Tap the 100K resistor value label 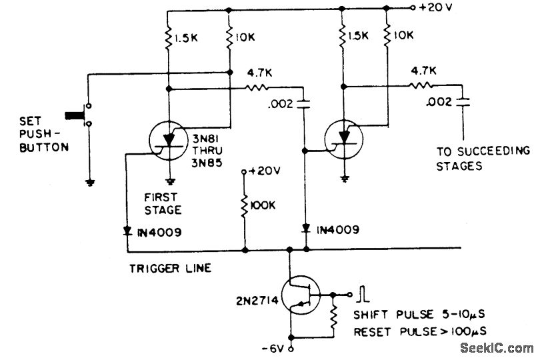click(262, 205)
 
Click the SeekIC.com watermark click(496, 347)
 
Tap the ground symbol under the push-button click(88, 181)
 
